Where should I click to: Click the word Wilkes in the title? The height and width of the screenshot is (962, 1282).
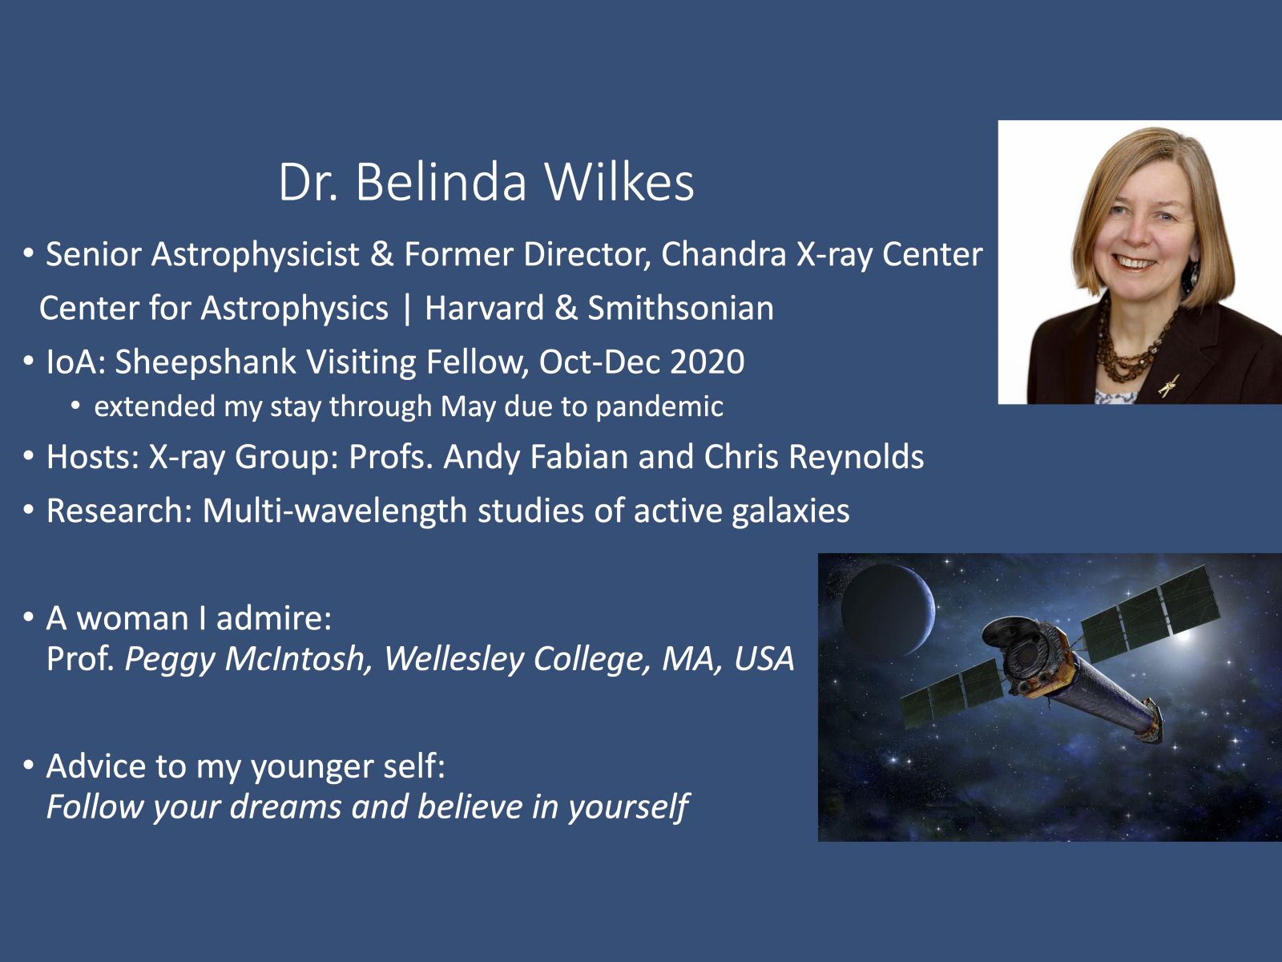tap(619, 182)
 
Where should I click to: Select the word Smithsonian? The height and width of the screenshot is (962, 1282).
tap(680, 308)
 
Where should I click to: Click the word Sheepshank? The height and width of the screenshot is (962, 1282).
tap(206, 362)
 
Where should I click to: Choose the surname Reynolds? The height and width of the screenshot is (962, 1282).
tap(857, 457)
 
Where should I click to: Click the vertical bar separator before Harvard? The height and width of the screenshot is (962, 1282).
tap(406, 309)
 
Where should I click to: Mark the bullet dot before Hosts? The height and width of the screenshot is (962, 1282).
tap(29, 456)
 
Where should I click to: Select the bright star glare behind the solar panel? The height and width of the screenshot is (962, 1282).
tap(1183, 635)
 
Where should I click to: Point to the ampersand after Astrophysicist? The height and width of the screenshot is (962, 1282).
tap(382, 255)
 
